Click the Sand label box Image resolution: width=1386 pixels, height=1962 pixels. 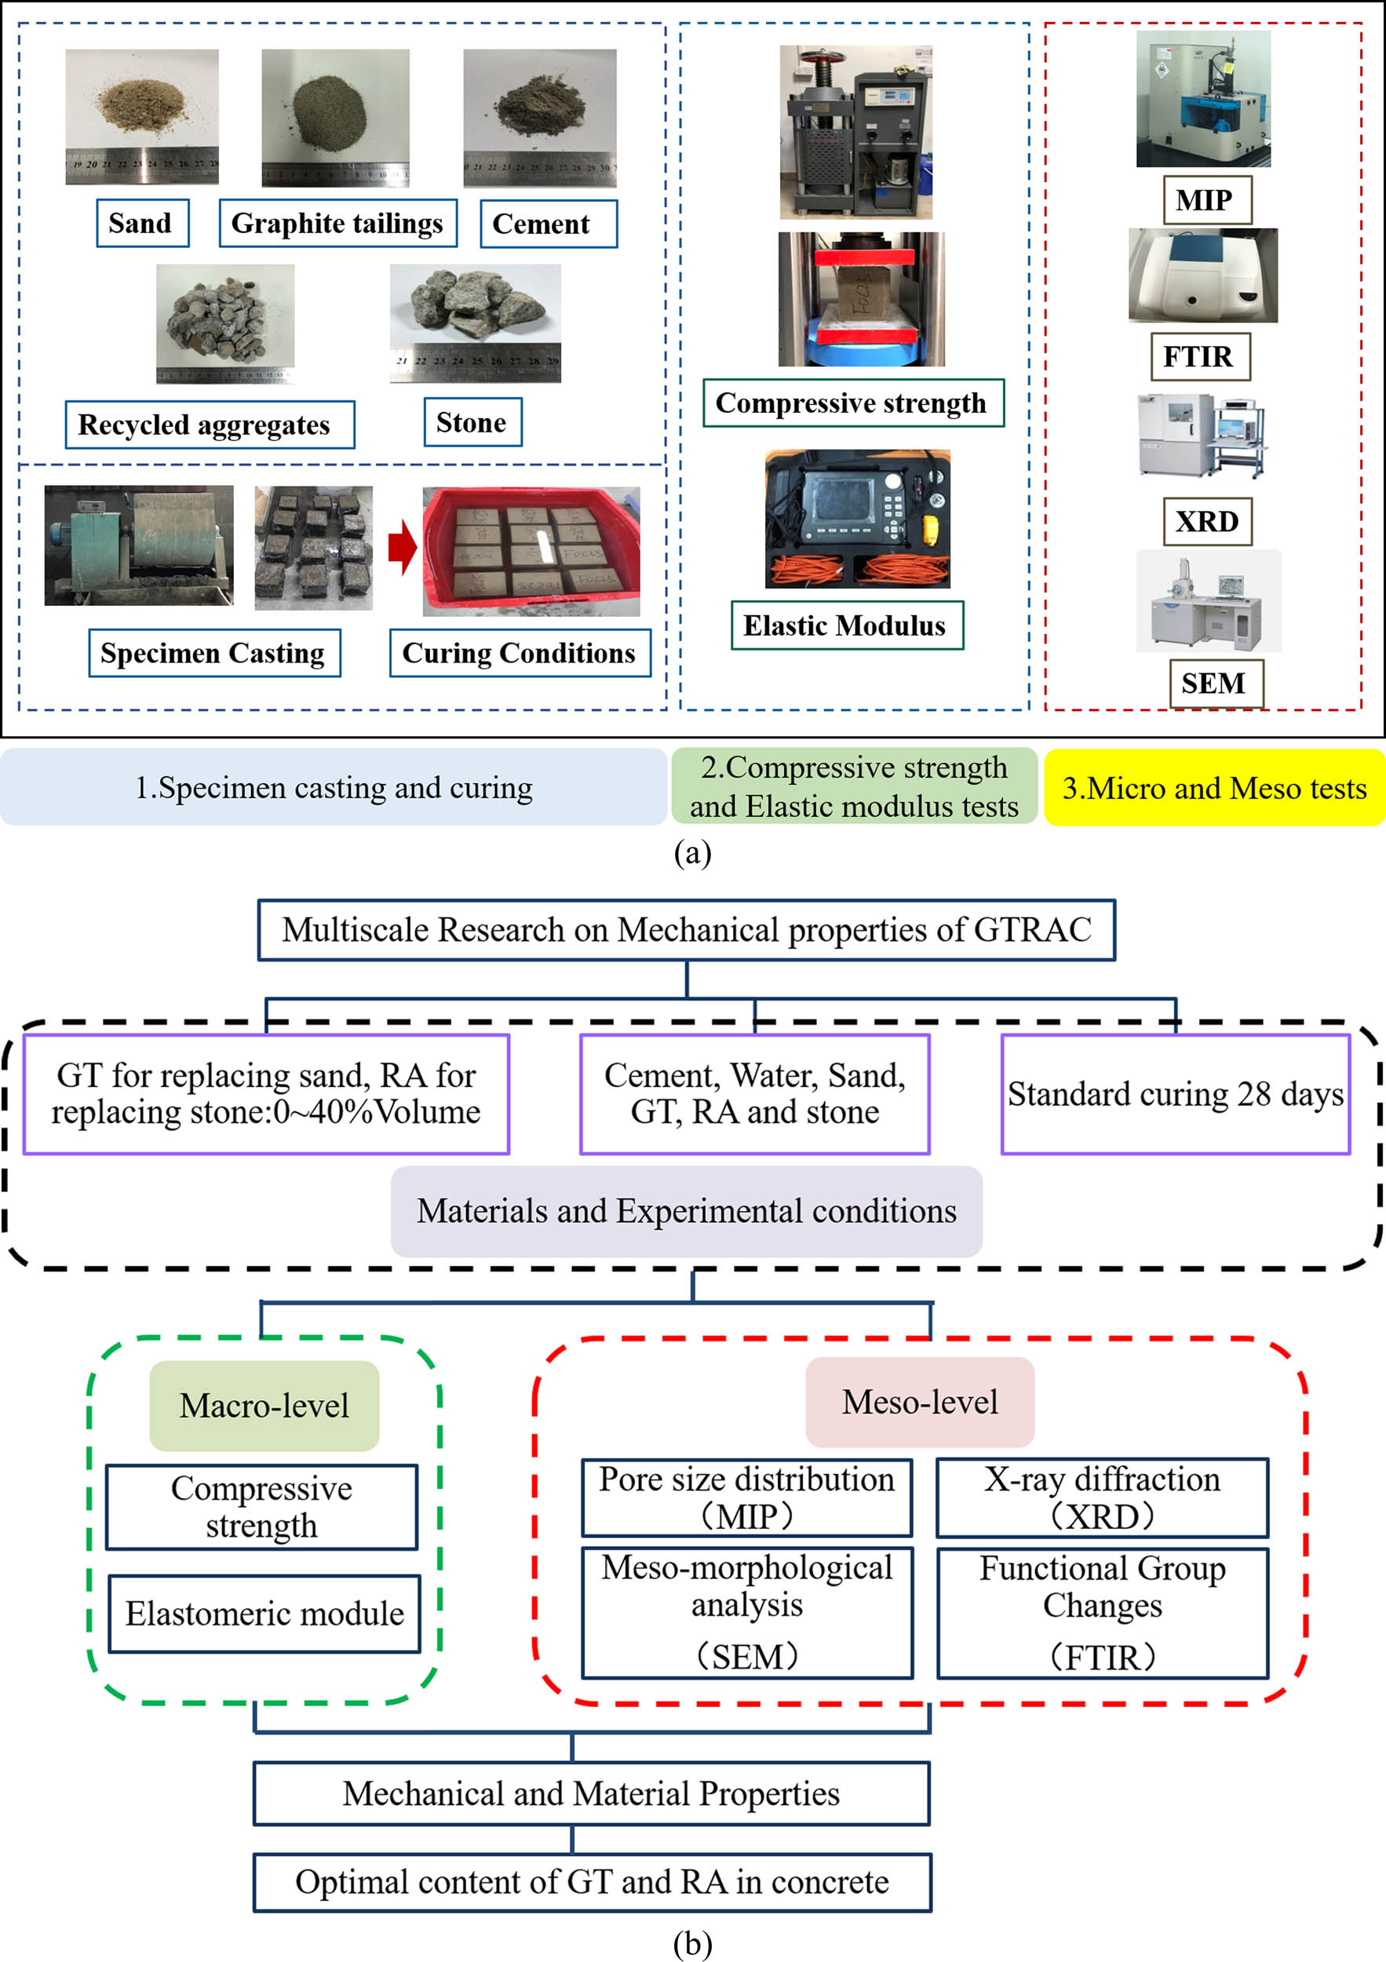click(142, 223)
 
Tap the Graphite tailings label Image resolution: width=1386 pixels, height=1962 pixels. click(337, 223)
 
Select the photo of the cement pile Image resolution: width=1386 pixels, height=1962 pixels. click(539, 118)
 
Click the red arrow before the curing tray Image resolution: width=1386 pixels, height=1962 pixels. click(403, 547)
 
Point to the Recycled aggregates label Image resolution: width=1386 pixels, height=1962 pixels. click(210, 425)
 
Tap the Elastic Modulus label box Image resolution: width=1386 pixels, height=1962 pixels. click(846, 625)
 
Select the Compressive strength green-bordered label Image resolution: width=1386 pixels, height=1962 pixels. click(852, 403)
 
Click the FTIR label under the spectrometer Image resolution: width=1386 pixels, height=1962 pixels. click(1199, 356)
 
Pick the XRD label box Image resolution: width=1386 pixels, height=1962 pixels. click(1206, 521)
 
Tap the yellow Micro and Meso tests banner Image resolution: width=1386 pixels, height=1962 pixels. click(1213, 787)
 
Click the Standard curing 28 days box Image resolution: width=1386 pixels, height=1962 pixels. click(1175, 1094)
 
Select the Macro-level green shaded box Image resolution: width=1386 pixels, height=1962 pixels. click(264, 1406)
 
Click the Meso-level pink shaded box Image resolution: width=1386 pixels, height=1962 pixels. click(920, 1402)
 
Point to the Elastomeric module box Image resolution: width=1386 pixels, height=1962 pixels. click(264, 1614)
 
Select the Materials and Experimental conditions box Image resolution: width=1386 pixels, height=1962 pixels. click(686, 1211)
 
